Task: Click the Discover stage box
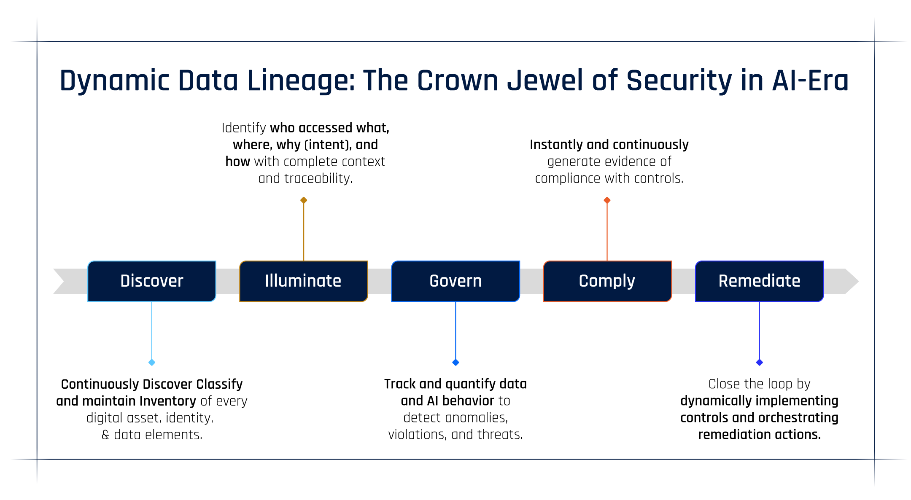pyautogui.click(x=152, y=281)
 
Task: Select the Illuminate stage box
pyautogui.click(x=304, y=281)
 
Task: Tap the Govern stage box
pyautogui.click(x=455, y=281)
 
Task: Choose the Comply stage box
pyautogui.click(x=607, y=281)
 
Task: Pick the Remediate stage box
pyautogui.click(x=759, y=281)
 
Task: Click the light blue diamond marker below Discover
pyautogui.click(x=152, y=363)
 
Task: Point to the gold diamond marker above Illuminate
pyautogui.click(x=304, y=200)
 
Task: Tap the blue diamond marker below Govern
pyautogui.click(x=455, y=363)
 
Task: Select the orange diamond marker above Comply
pyautogui.click(x=607, y=200)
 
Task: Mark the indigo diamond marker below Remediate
pyautogui.click(x=760, y=363)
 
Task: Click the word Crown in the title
pyautogui.click(x=458, y=81)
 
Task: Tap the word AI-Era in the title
pyautogui.click(x=810, y=81)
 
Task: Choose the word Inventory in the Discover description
pyautogui.click(x=167, y=401)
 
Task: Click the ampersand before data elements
pyautogui.click(x=105, y=435)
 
